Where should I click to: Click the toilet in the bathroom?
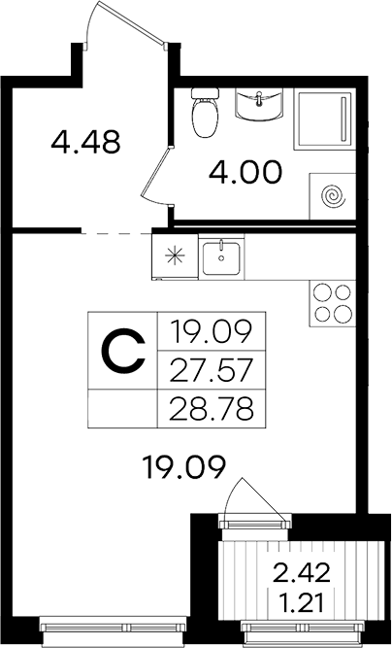pos(205,112)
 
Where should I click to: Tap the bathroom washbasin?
pos(259,105)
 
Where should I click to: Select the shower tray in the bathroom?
pos(325,119)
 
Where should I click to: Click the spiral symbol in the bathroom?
pos(334,195)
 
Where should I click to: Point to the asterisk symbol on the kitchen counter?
pos(175,256)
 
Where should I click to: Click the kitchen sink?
pos(221,257)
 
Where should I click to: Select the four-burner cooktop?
pos(332,303)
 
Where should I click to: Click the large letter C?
pos(124,350)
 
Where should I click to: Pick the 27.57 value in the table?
pos(211,370)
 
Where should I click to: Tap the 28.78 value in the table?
pos(211,409)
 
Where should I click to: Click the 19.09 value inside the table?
pos(211,332)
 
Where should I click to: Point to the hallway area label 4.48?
pos(85,141)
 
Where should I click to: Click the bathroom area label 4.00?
pos(245,172)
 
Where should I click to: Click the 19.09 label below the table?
pos(183,467)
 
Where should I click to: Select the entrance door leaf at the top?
pos(131,22)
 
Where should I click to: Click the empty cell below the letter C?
pos(122,408)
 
